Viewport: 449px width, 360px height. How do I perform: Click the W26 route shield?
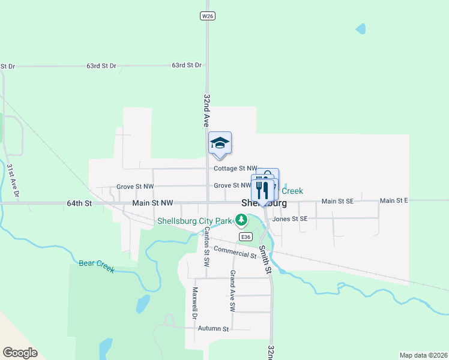[207, 16]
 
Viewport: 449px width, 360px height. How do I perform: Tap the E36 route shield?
[245, 237]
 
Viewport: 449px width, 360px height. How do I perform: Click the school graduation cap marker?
[220, 143]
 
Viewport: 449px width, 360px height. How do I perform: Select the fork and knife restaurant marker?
[262, 190]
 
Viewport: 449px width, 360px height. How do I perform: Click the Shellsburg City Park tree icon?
[241, 220]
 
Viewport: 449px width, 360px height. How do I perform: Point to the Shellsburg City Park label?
[194, 221]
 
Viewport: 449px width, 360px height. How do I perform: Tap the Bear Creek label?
[96, 266]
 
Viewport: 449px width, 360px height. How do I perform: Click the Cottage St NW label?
[235, 169]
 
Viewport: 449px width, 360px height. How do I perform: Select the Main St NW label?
[152, 203]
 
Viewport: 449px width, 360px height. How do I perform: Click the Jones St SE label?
[290, 219]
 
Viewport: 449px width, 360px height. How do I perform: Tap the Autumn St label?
[214, 329]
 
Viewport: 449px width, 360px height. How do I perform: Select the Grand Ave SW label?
[232, 290]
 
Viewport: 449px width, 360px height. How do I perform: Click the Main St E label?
[394, 200]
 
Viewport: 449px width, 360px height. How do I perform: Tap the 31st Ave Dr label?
[13, 181]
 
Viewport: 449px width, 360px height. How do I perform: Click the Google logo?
[20, 353]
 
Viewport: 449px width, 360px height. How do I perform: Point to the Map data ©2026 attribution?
[423, 355]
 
